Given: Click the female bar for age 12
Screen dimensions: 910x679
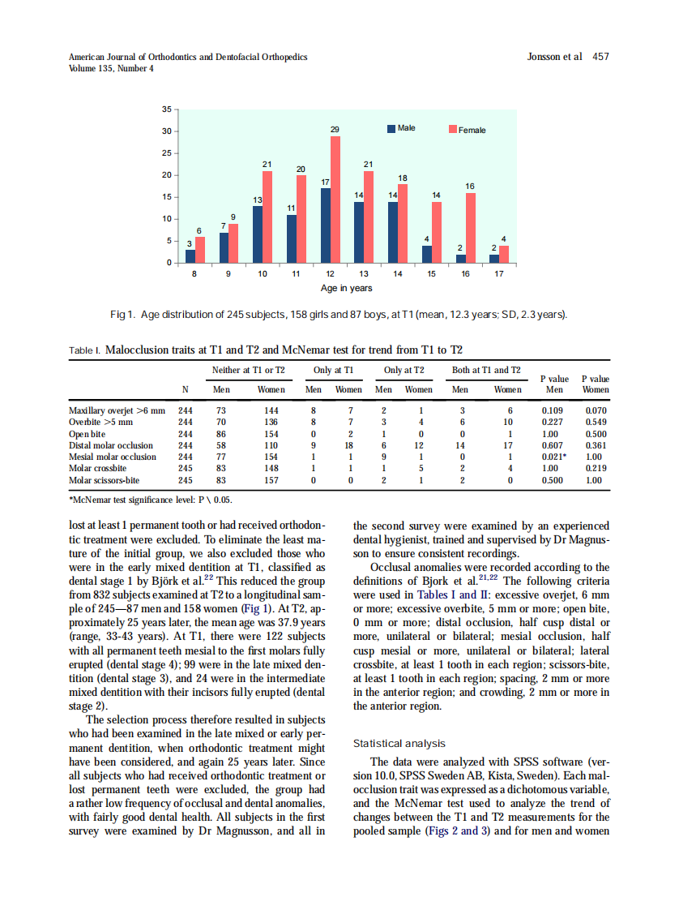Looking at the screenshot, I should [335, 200].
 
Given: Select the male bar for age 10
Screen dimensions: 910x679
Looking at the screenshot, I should [258, 234].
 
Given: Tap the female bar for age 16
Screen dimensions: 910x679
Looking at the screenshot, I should [471, 228].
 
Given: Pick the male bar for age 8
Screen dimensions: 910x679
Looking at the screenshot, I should [190, 256].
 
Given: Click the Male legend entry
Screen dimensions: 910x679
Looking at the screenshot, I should [401, 128].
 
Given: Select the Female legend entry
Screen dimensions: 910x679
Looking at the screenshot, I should [468, 130].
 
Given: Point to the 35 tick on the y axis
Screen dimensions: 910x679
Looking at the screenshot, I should [166, 109].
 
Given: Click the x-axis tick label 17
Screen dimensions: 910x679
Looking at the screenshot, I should [499, 275].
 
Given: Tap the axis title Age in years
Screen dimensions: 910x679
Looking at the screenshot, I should [345, 289].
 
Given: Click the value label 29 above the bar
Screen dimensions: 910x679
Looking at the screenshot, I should [335, 130].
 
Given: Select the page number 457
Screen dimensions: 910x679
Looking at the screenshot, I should [600, 57].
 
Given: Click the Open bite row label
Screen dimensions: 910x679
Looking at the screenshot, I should [87, 434].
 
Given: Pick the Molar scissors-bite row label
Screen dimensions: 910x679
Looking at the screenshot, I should [105, 480].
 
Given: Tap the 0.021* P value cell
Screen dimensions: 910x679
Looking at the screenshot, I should [554, 457].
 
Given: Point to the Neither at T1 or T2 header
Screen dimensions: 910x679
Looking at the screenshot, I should [249, 370].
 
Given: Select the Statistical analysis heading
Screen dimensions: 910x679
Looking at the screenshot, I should [399, 743].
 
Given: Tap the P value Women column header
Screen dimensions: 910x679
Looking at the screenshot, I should [596, 384].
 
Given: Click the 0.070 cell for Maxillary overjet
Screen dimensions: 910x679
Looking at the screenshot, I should [596, 410].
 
